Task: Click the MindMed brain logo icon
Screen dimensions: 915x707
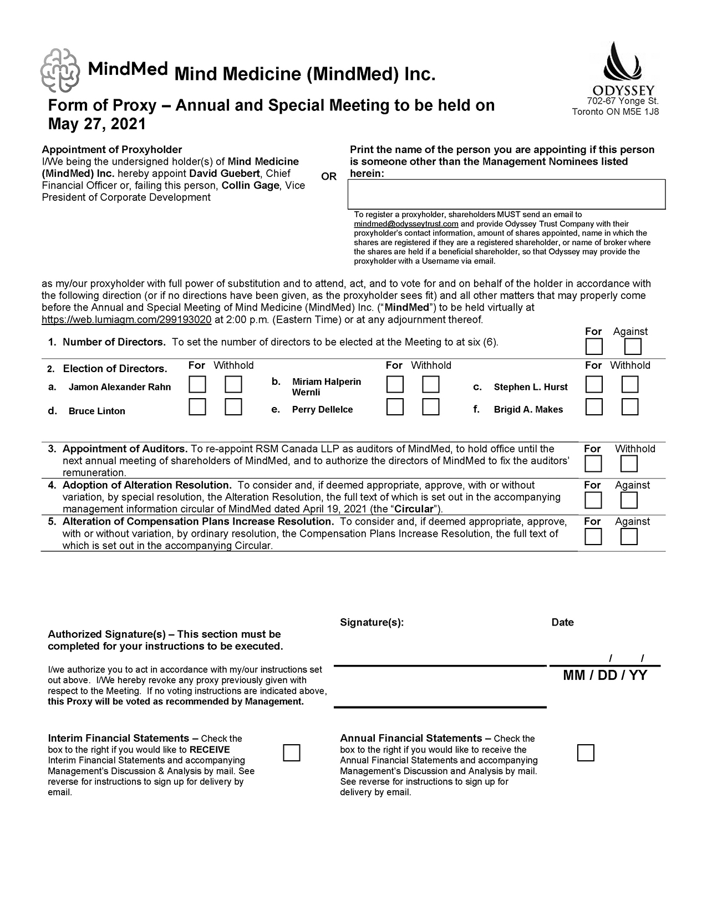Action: (x=60, y=70)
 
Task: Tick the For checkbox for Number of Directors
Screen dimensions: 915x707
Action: (x=594, y=347)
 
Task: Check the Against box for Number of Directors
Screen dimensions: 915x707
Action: (x=633, y=347)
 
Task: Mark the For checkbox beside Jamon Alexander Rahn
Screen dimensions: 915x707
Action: (x=197, y=384)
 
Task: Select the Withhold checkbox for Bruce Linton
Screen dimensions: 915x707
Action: (x=233, y=407)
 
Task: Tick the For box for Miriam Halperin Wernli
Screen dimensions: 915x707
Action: (x=395, y=384)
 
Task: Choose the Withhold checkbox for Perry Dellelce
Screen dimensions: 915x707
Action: (x=431, y=407)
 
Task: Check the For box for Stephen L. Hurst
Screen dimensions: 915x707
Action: (x=594, y=384)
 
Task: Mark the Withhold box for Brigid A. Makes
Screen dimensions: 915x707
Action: (x=630, y=407)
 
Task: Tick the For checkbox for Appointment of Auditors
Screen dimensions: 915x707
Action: (x=593, y=464)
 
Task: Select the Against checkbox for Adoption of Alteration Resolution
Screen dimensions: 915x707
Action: (x=629, y=500)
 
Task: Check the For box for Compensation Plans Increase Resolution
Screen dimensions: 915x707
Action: (x=593, y=537)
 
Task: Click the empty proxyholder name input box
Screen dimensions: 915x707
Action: (x=506, y=194)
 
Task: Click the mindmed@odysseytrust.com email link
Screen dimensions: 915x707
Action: (x=406, y=224)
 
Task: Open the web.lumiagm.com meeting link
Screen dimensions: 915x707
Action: (x=126, y=319)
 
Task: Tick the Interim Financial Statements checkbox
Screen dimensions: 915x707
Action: (x=292, y=753)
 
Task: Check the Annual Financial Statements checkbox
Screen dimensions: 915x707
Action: (x=586, y=753)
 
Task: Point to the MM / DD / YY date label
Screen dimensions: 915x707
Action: (x=605, y=675)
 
